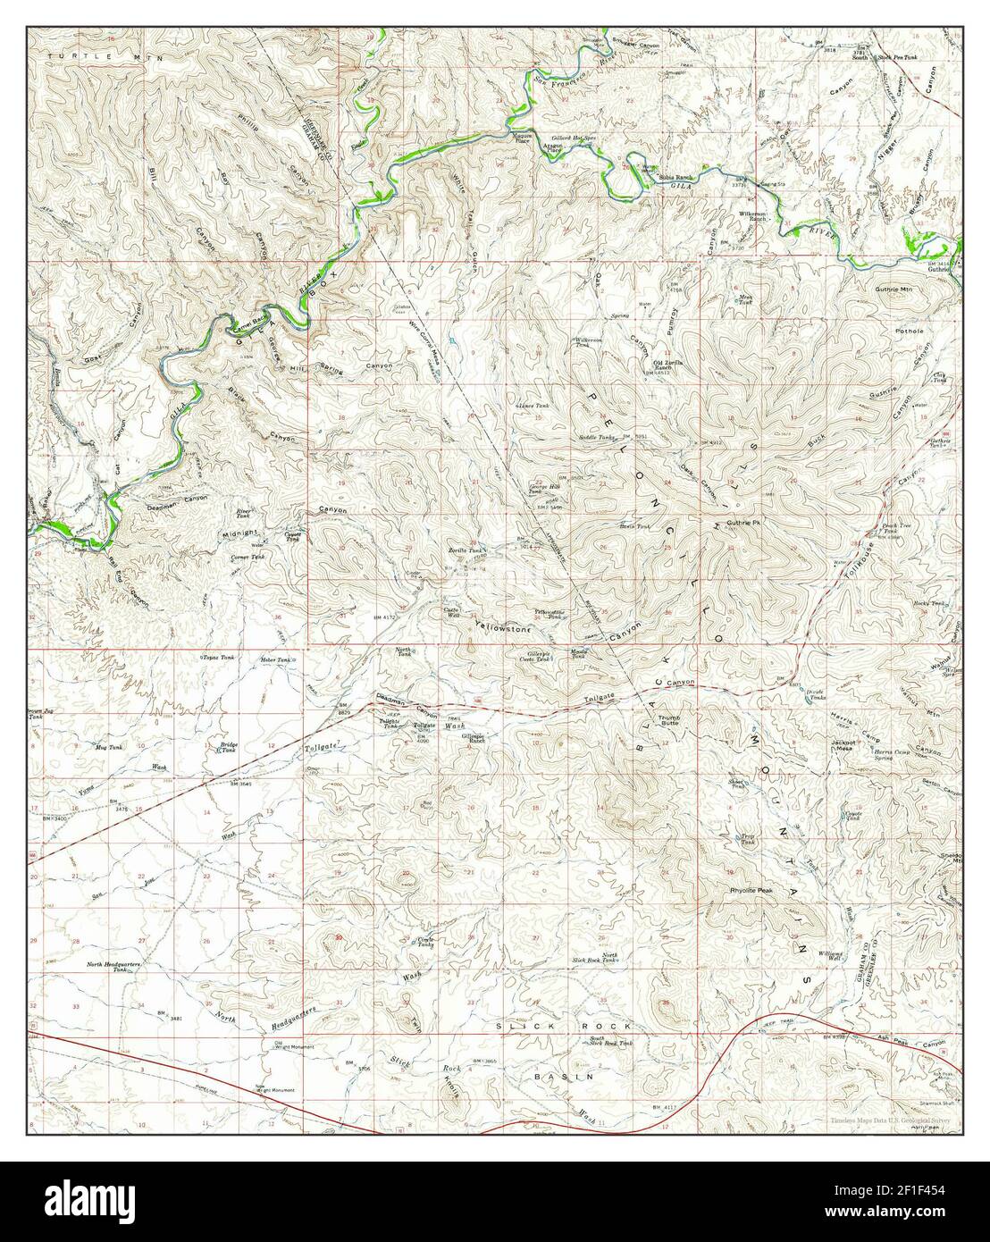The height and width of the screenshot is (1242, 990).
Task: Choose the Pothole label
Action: tap(912, 331)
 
